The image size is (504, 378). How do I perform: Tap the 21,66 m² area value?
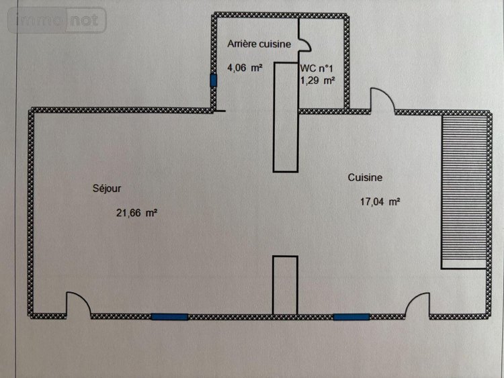pos(136,213)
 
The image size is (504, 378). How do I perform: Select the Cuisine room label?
pos(365,177)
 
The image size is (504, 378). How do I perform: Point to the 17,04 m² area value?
pos(380,201)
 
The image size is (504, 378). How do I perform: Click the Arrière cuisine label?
pos(259,44)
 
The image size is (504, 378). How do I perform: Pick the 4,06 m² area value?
pos(245,67)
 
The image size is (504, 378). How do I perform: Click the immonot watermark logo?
pos(56,20)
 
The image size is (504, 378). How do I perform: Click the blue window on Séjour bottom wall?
pos(169,316)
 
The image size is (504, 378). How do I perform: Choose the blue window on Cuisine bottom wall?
pos(351,316)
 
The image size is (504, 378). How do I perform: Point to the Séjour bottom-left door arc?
pos(76,303)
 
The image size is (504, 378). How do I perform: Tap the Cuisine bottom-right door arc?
pos(418,303)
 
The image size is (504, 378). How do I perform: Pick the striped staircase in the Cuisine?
pos(463,191)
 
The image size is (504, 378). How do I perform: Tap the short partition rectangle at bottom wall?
pos(284,285)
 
